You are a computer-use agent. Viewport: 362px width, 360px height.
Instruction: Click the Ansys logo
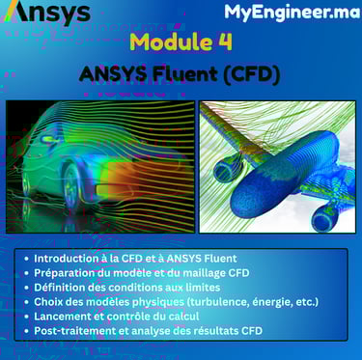tap(49, 13)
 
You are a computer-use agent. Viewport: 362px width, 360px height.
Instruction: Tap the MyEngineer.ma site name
tap(292, 13)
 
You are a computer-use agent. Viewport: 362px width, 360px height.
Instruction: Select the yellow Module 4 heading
tap(181, 42)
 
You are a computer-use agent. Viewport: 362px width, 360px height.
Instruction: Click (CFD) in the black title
tap(251, 74)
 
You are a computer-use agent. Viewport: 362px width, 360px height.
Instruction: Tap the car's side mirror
tap(48, 139)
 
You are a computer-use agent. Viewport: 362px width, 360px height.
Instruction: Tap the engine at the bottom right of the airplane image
tap(326, 217)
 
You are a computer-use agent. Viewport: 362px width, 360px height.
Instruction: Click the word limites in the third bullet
tap(202, 288)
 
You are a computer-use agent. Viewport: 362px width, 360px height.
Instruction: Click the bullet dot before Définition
tap(26, 288)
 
